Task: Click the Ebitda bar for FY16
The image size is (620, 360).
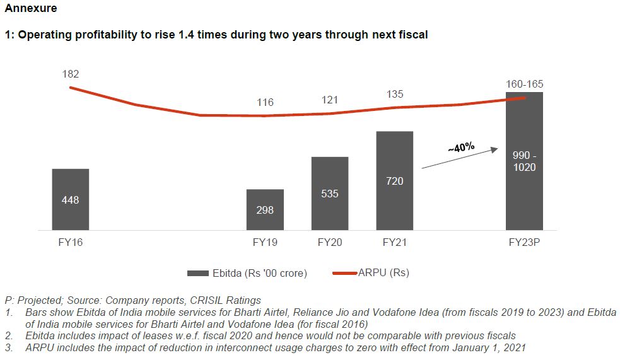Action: (71, 199)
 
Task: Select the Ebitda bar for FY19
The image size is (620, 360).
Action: (265, 209)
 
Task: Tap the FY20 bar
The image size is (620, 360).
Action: (329, 193)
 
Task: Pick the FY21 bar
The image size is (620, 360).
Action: (394, 180)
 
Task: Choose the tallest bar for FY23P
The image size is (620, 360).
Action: (524, 161)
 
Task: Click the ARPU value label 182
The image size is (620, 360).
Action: (71, 74)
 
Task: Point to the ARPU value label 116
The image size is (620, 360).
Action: (266, 102)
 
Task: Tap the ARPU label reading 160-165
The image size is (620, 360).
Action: (524, 84)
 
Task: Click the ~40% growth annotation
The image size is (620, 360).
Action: (461, 148)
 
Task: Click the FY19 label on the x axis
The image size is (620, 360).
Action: (266, 241)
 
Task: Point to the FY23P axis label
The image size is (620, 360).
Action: (525, 241)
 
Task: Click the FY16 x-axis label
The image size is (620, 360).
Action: (70, 241)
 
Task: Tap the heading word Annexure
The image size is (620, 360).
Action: (31, 9)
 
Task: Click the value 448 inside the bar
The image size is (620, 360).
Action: (71, 200)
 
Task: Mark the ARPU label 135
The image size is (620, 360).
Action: (394, 95)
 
